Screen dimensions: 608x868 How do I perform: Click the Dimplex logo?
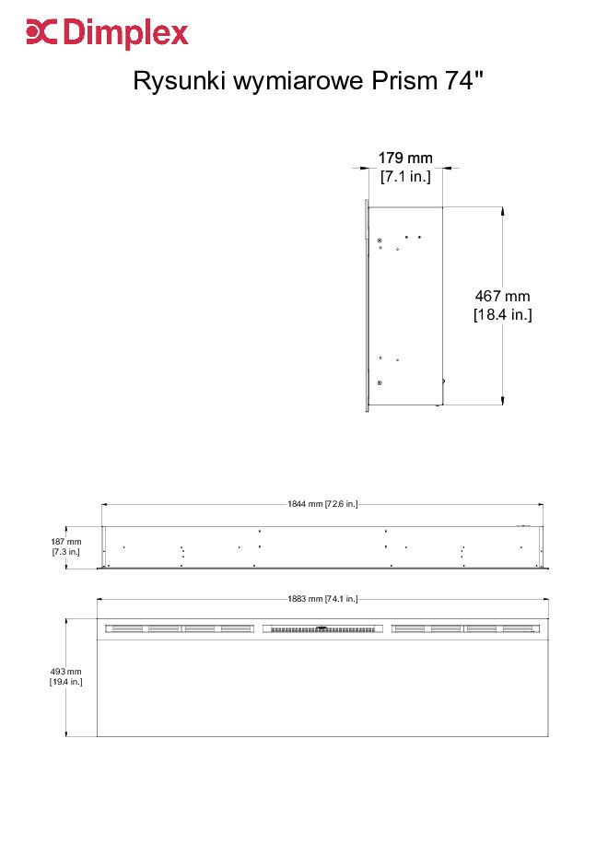[x=108, y=33]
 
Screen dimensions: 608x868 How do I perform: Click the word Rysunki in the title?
[x=179, y=81]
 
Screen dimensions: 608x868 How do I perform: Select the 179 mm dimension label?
[x=405, y=158]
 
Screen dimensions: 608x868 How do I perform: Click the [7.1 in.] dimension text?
[x=405, y=177]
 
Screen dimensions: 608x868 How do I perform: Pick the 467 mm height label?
[x=502, y=296]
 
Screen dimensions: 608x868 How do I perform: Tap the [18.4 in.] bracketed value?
[x=502, y=315]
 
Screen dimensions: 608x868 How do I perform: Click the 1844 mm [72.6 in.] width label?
[x=322, y=504]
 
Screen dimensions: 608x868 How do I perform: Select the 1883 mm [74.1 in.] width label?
[x=322, y=598]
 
